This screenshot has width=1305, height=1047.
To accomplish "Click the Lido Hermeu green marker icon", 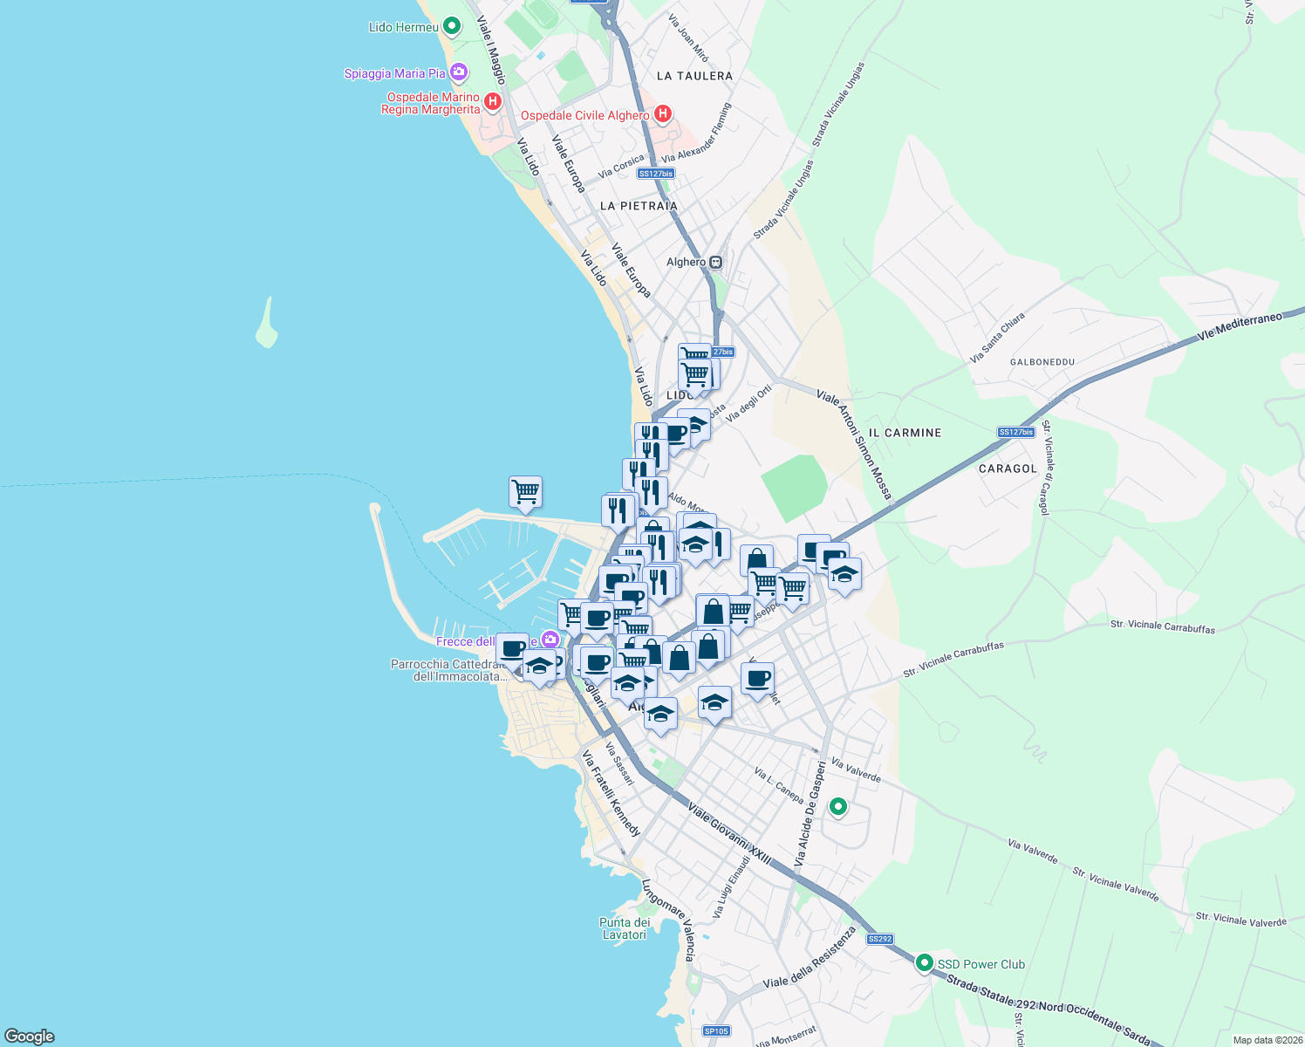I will (451, 26).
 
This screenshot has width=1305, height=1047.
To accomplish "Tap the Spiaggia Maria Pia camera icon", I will (459, 72).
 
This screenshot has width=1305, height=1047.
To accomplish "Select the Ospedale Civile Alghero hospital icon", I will (663, 114).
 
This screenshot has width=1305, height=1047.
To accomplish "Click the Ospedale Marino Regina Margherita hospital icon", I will (493, 102).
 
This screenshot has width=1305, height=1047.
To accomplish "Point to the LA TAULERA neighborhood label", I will (694, 76).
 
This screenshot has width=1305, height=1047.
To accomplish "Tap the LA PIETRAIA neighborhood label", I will (639, 206).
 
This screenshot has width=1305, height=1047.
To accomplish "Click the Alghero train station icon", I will (716, 262).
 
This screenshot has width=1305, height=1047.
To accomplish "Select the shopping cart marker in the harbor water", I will (525, 492).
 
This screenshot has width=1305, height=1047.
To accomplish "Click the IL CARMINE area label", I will (905, 433).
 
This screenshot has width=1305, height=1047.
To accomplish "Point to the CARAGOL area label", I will (1008, 469).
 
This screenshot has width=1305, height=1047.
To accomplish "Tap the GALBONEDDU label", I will (1042, 361).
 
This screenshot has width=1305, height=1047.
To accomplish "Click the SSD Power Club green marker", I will (924, 963).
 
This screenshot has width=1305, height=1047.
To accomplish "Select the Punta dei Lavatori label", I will (625, 928).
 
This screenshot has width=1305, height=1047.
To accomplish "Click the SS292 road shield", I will (879, 939).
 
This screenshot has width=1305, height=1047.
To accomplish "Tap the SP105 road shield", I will (716, 1031).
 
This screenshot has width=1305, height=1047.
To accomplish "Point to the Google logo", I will (30, 1037).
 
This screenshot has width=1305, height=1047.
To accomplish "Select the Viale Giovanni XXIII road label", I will (729, 834).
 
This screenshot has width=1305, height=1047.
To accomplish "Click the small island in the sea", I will (267, 325).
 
